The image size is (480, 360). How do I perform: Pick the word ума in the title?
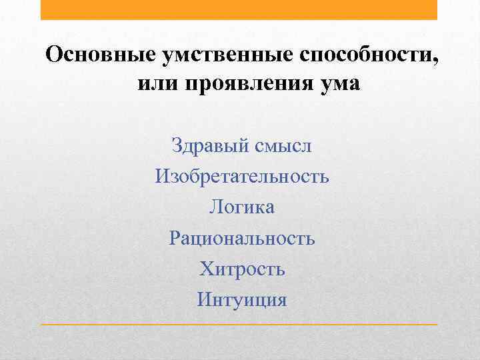pos(338,85)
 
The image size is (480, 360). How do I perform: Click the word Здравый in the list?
pos(209,145)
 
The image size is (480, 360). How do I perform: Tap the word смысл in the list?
pos(283,145)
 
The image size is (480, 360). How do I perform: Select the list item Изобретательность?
pos(242,177)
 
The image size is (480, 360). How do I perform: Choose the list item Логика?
pos(241,207)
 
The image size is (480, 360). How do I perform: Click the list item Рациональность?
pos(242,238)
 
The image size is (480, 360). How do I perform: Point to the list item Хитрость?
pos(242,269)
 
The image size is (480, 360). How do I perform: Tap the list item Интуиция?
pos(242,299)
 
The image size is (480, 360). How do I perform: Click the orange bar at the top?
pos(239,9)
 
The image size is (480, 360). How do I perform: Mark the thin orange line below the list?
pos(239,325)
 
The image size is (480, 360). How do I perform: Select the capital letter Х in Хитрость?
pos(206,269)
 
